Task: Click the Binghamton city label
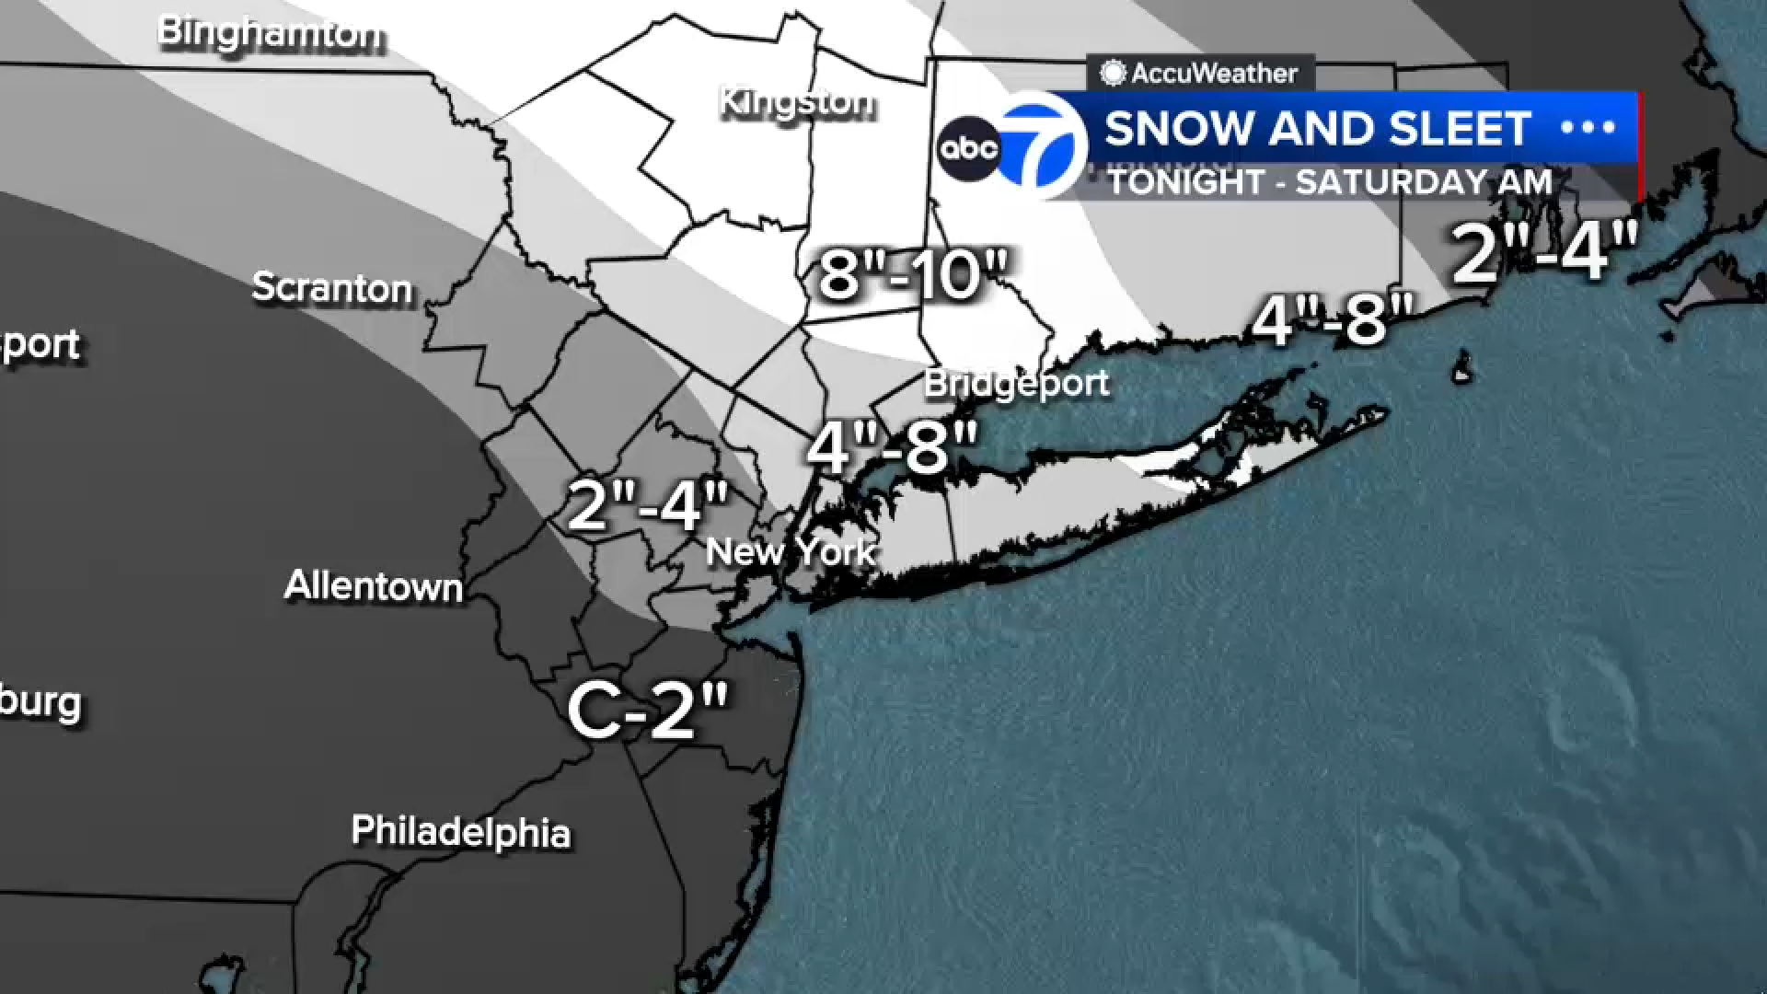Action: click(271, 34)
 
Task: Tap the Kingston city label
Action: click(796, 101)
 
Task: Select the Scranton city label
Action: click(332, 288)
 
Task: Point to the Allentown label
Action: click(373, 586)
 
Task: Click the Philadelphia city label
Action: click(460, 831)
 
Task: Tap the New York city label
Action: click(790, 552)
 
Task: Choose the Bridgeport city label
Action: click(1016, 383)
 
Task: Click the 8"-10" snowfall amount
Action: click(914, 273)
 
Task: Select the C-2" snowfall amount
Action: click(648, 711)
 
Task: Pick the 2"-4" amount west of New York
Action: click(648, 504)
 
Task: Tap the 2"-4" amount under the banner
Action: click(1545, 250)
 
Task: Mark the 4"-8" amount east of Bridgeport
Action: click(1333, 320)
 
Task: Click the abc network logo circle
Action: click(968, 148)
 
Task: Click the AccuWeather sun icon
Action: click(1113, 74)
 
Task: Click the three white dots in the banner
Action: click(1588, 128)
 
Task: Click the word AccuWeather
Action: click(1214, 74)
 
